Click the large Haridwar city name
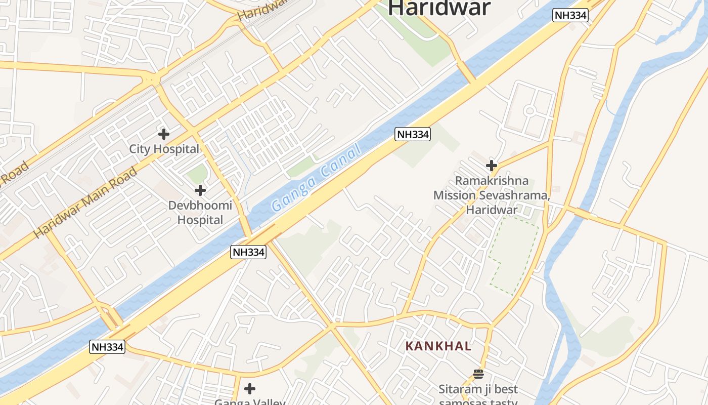point(439,8)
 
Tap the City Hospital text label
point(164,149)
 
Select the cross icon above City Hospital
point(163,134)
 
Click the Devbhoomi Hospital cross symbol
point(200,190)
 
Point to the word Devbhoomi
point(200,206)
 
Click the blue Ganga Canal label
point(317,178)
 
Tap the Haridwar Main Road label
point(86,202)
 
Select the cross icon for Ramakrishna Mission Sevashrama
point(491,166)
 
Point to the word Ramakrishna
point(484,181)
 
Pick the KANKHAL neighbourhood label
point(438,346)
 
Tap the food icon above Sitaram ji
point(478,374)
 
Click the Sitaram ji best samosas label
point(478,390)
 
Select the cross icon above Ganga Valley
point(250,389)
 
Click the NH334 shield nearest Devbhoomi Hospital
point(248,252)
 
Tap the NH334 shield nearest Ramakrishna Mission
point(413,134)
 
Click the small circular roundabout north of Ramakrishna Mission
point(529,110)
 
